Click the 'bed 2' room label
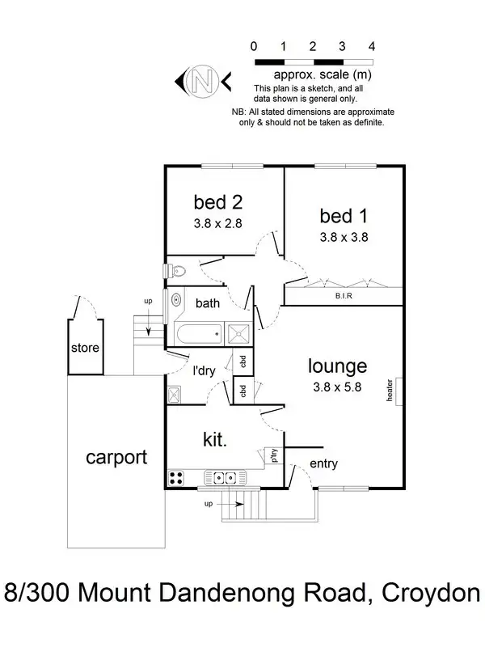(x=218, y=201)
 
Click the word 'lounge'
(x=337, y=366)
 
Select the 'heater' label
(x=390, y=391)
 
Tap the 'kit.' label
(x=214, y=439)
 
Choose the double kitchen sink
(x=220, y=477)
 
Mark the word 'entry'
(x=323, y=463)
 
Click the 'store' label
(x=85, y=349)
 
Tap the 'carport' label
(x=116, y=458)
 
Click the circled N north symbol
(x=201, y=80)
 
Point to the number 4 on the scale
(x=372, y=47)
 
